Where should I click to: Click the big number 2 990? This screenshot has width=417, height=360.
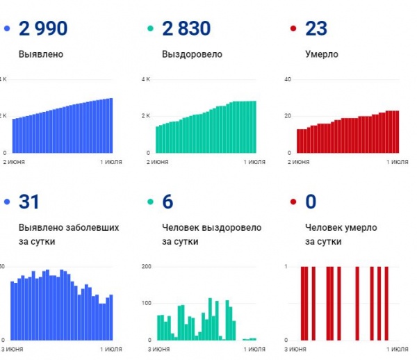point(44,29)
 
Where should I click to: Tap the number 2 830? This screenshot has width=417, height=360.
point(186,29)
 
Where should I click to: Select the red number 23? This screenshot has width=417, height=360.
point(316,29)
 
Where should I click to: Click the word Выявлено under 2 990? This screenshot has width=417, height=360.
point(43,54)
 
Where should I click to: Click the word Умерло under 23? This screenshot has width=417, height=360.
point(323,54)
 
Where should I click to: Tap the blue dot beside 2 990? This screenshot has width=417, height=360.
point(7,29)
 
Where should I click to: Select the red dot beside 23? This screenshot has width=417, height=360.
point(293,29)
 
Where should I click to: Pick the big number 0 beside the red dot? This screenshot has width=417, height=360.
point(311,202)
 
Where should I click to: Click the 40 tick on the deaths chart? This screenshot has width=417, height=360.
point(288,79)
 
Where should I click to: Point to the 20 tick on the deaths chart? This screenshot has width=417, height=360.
point(288,115)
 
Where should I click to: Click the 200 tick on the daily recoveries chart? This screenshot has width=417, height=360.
point(146,267)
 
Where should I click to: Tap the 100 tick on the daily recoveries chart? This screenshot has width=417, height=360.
point(146,304)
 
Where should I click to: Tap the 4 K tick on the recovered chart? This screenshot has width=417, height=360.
point(145,79)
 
